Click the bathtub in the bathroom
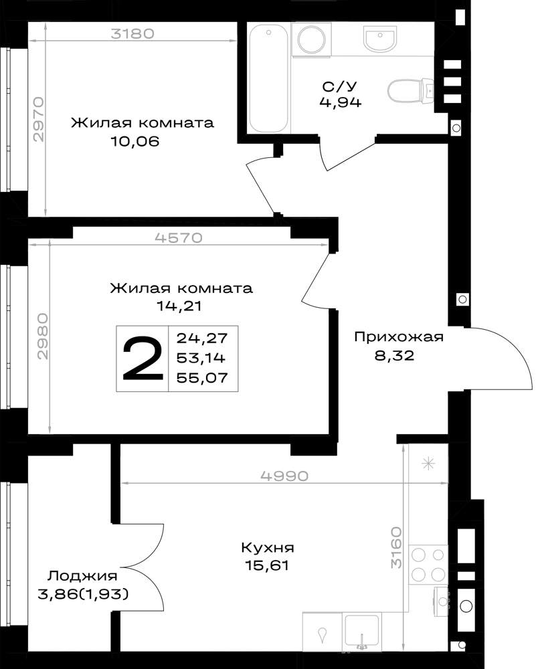[269, 78]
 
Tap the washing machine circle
[312, 39]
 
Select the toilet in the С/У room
[411, 90]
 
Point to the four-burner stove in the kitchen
[428, 564]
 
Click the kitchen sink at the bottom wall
[362, 632]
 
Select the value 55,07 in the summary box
[201, 377]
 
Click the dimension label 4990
[284, 476]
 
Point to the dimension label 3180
[132, 33]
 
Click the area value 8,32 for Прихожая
[394, 355]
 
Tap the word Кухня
[268, 547]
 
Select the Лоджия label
[82, 576]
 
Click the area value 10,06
[134, 141]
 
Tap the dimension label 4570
[179, 237]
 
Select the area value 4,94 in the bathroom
[340, 102]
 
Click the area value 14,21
[179, 306]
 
